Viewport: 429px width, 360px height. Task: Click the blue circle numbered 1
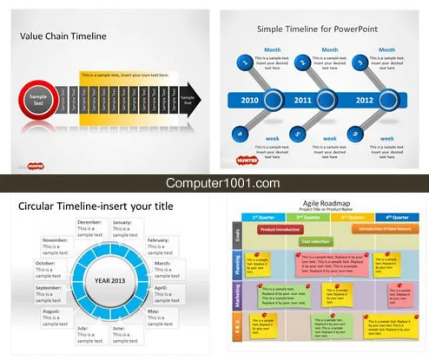click(244, 62)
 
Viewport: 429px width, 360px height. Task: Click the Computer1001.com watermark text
click(214, 183)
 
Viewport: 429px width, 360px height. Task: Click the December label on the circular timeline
click(91, 222)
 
